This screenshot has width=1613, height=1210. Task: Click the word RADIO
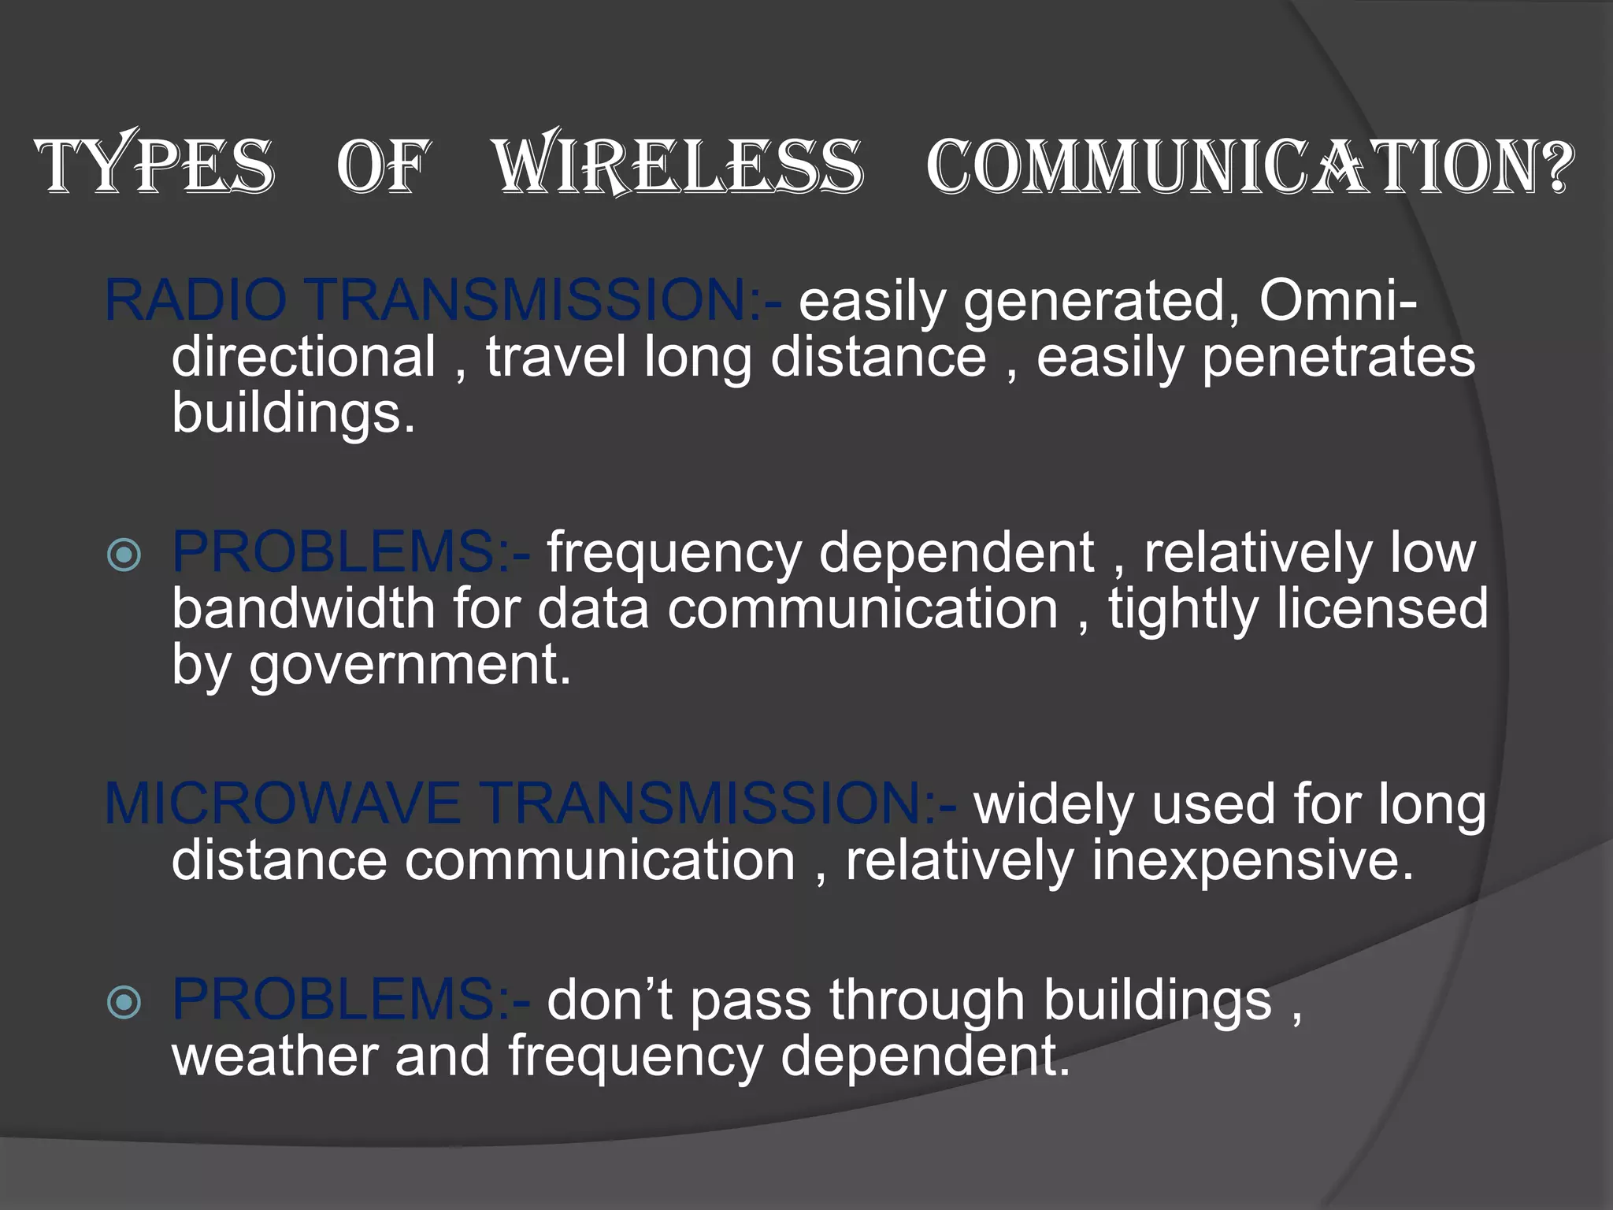pyautogui.click(x=195, y=300)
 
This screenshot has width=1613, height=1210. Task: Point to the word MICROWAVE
pyautogui.click(x=282, y=804)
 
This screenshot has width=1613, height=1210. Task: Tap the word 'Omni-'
pyautogui.click(x=1338, y=300)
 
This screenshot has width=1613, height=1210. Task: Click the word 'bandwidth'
pyautogui.click(x=303, y=609)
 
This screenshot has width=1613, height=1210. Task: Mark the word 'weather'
pyautogui.click(x=274, y=1056)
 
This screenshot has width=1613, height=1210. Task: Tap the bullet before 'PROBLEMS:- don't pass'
pyautogui.click(x=124, y=1003)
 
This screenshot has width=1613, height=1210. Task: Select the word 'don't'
pyautogui.click(x=610, y=1000)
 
